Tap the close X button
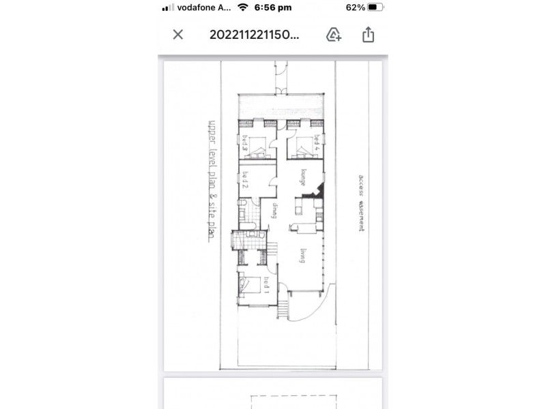click(178, 35)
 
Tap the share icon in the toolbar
click(369, 34)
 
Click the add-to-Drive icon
click(334, 35)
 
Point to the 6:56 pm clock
click(272, 7)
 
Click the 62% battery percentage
click(355, 7)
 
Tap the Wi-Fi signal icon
click(242, 7)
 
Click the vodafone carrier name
click(203, 7)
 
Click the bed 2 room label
click(244, 181)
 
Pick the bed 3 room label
click(244, 144)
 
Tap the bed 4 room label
click(317, 144)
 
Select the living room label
click(301, 256)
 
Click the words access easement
click(360, 203)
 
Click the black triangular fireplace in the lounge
click(315, 193)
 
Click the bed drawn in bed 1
click(250, 286)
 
